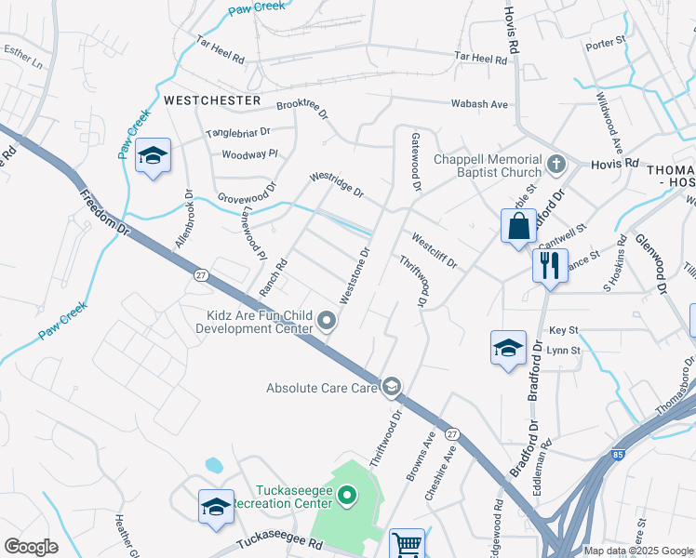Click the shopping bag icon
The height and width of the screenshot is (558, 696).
tap(518, 227)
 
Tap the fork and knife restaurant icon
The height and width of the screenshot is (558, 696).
tap(549, 266)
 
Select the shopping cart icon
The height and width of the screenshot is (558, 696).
tap(407, 544)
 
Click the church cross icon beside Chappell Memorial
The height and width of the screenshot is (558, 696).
tap(556, 165)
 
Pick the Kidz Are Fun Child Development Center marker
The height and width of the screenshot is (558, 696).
tap(327, 322)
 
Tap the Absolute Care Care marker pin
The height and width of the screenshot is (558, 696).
tap(392, 387)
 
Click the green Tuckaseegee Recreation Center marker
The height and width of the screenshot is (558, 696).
tap(347, 497)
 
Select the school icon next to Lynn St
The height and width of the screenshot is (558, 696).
tap(508, 349)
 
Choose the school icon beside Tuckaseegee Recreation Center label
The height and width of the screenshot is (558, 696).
tap(216, 507)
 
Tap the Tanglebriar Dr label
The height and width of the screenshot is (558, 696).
tap(237, 133)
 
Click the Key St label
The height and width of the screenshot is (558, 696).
tap(564, 330)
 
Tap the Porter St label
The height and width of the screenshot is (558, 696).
tap(606, 44)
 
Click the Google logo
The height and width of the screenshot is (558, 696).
tap(31, 547)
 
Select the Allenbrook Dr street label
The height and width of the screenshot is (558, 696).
tap(183, 219)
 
